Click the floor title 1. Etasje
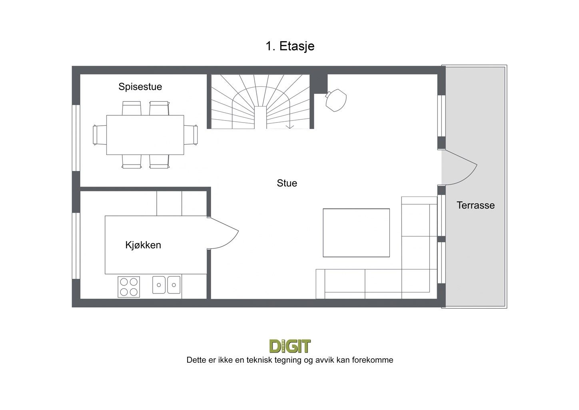pyautogui.click(x=290, y=46)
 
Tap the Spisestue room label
pyautogui.click(x=140, y=87)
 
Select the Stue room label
pyautogui.click(x=287, y=183)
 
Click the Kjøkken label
pyautogui.click(x=143, y=245)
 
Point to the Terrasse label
pyautogui.click(x=475, y=205)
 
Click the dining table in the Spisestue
pyautogui.click(x=145, y=135)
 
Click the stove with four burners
pyautogui.click(x=129, y=287)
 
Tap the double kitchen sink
pyautogui.click(x=166, y=285)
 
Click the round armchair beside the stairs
pyautogui.click(x=336, y=100)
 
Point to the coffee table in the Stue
pyautogui.click(x=356, y=233)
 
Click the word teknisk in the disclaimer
pyautogui.click(x=259, y=360)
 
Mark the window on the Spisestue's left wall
pyautogui.click(x=76, y=138)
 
